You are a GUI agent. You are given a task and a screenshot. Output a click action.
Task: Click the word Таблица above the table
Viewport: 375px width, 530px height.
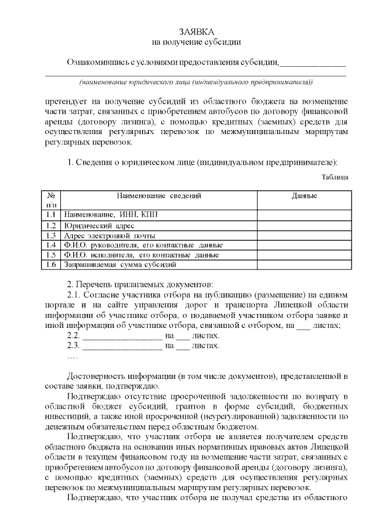coord(335,177)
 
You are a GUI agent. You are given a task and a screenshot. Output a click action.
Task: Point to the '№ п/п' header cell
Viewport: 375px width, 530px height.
coord(52,200)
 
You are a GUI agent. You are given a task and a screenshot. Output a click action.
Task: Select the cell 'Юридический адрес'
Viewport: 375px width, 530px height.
coord(99,225)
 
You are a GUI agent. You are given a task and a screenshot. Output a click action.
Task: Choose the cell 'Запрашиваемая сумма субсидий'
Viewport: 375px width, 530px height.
coord(120,265)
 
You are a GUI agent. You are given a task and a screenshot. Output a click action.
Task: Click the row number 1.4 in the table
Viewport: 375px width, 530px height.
coord(51,245)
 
